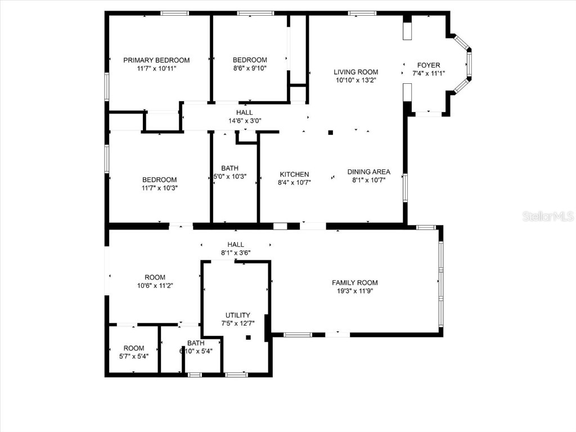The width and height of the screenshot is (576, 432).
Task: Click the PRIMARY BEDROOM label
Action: click(156, 60)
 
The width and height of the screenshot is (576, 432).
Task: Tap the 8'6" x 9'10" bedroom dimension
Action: click(250, 69)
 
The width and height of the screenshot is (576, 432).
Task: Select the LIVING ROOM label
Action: click(355, 72)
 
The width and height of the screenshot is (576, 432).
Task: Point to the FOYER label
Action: click(429, 65)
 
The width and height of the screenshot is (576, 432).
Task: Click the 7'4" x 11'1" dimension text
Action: click(429, 73)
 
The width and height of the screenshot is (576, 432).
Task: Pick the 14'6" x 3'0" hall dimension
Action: click(245, 120)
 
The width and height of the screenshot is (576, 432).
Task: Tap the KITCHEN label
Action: click(294, 174)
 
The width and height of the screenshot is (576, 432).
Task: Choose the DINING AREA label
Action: click(368, 172)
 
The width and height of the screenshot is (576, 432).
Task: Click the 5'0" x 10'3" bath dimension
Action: click(229, 177)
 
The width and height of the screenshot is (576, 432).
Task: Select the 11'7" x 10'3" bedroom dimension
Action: click(159, 188)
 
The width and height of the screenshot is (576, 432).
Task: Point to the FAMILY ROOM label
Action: click(354, 283)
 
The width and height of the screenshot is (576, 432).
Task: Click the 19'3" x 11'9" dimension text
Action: click(354, 291)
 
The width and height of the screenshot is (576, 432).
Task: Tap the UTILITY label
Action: click(238, 316)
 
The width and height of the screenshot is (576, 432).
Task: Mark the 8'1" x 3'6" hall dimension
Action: click(235, 253)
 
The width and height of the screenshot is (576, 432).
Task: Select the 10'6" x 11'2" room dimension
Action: click(155, 285)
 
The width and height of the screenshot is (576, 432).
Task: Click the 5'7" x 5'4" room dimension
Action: click(134, 356)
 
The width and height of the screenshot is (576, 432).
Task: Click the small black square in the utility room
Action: click(247, 337)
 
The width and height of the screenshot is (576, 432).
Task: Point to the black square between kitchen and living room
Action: click(331, 133)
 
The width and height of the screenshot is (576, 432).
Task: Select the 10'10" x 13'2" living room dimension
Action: click(355, 80)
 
